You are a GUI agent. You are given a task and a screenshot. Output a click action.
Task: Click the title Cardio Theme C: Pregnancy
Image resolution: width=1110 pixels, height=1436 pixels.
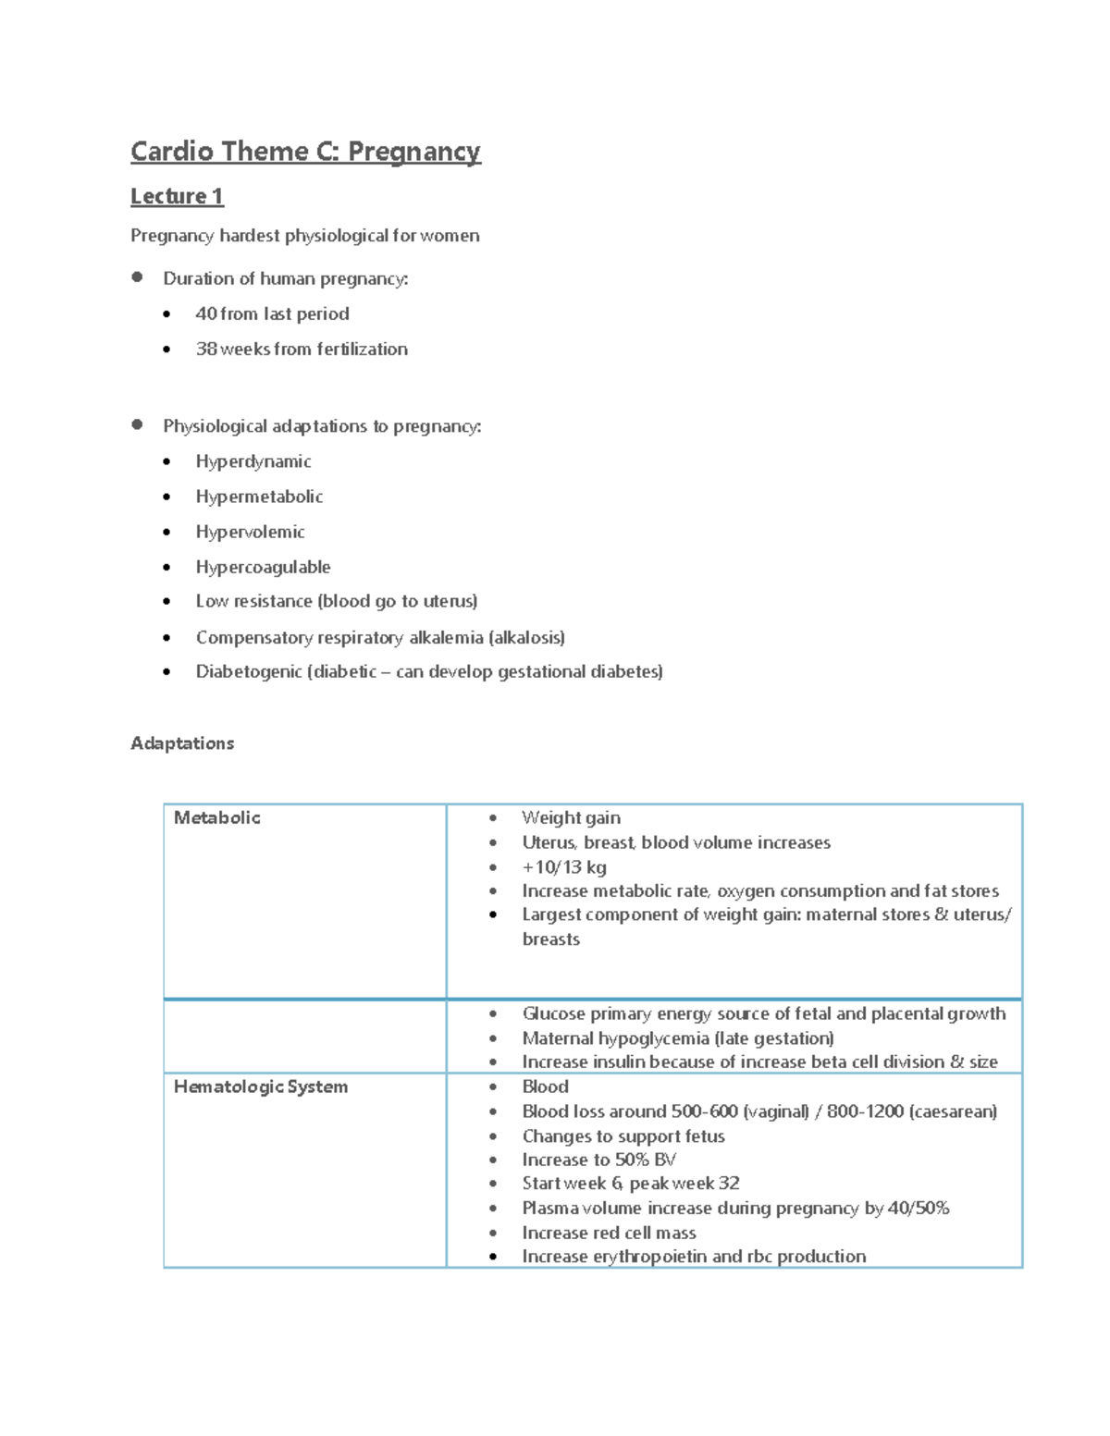[305, 152]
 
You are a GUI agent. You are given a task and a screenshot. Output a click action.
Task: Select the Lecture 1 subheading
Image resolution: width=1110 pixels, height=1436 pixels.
[177, 196]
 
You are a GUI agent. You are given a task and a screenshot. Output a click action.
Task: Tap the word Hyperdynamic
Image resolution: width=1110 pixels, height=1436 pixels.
[253, 461]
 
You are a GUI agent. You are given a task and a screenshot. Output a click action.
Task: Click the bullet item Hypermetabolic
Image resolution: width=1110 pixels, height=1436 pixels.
[259, 497]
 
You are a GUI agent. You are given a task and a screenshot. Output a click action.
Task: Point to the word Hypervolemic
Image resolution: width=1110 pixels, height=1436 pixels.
[250, 532]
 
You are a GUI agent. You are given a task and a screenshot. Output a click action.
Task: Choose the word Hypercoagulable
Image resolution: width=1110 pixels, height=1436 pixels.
[263, 567]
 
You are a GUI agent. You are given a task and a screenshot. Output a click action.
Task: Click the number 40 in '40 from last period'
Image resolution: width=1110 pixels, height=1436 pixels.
[206, 313]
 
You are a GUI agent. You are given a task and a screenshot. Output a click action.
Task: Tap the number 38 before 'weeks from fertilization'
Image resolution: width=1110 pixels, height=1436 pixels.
[206, 349]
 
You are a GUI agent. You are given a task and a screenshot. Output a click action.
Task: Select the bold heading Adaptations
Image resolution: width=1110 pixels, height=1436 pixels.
[182, 743]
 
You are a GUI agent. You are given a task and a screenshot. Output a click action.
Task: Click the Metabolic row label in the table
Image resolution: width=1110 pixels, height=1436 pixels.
[217, 817]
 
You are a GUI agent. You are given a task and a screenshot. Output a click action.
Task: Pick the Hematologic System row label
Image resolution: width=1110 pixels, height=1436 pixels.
[261, 1086]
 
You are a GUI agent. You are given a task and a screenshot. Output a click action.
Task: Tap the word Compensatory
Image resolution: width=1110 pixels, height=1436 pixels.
[253, 637]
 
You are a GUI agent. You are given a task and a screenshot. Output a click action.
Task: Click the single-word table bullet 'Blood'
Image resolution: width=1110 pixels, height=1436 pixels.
[546, 1086]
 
